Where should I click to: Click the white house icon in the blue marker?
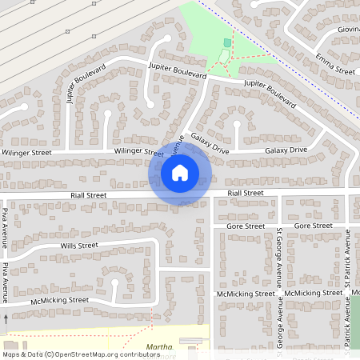point(180,172)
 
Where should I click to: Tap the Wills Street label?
point(78,246)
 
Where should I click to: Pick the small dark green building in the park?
point(227,42)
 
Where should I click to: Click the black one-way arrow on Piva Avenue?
point(6,318)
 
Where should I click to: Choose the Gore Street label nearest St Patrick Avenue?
point(313,226)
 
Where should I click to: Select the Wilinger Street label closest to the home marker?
point(138,151)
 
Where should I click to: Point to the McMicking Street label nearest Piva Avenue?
point(59,300)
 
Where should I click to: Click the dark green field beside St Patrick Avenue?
point(357,312)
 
